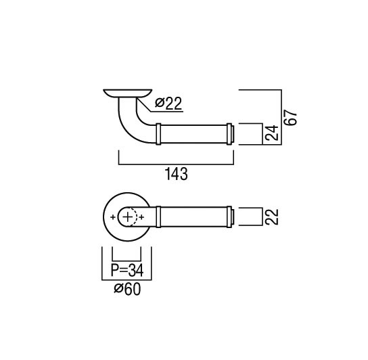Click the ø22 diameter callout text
point(168,104)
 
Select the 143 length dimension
point(177,174)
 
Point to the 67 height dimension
point(290,118)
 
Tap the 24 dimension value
point(271,133)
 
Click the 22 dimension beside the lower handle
point(271,217)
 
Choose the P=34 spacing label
point(127,270)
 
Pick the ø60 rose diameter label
point(127,289)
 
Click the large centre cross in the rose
point(128,217)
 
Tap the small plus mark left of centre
point(113,217)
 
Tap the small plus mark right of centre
point(141,217)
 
